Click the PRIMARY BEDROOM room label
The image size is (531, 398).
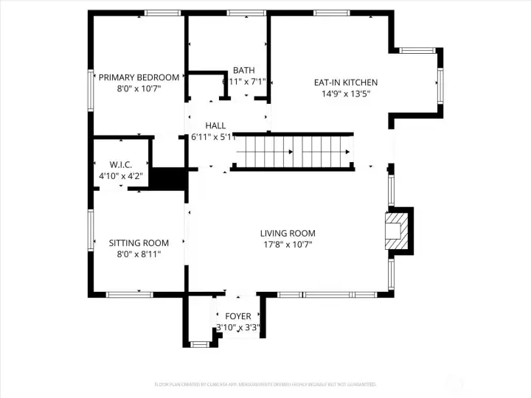139,77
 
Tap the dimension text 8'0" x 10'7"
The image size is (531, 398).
139,88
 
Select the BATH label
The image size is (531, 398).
244,71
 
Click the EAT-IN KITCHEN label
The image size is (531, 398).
346,83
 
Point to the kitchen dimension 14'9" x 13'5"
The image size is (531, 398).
345,94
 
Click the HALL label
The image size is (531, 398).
215,126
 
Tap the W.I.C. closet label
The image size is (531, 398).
120,164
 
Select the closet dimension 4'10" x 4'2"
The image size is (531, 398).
120,176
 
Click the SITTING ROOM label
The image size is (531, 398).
139,242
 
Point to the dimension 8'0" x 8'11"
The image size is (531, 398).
139,254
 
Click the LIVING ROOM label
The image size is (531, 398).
288,234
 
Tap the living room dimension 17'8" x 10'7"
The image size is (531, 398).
288,245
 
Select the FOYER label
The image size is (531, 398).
238,316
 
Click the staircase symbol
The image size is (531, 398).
293,152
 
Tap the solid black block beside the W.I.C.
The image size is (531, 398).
167,179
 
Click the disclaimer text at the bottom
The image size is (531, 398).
265,384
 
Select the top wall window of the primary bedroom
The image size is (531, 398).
162,13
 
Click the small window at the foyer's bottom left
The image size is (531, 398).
198,343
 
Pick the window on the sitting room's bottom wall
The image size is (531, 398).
129,294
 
